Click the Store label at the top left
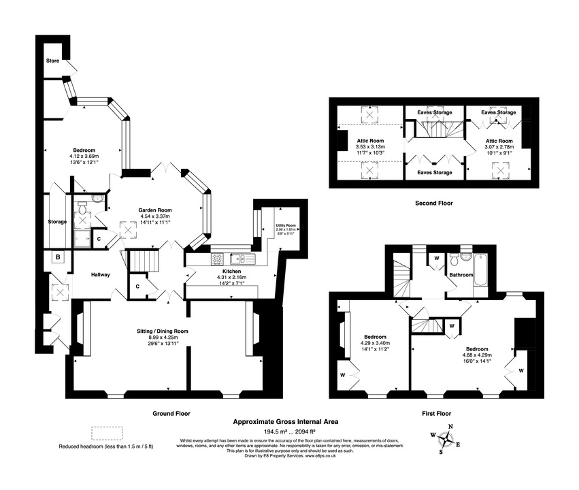pyautogui.click(x=52, y=61)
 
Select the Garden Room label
pyautogui.click(x=155, y=210)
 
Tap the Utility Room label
pyautogui.click(x=285, y=225)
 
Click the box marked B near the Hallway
pyautogui.click(x=59, y=257)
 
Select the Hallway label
pyautogui.click(x=101, y=275)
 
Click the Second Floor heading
pyautogui.click(x=433, y=203)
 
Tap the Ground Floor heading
pyautogui.click(x=171, y=413)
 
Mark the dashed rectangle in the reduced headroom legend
pyautogui.click(x=107, y=434)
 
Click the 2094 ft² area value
pyautogui.click(x=303, y=431)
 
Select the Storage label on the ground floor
pyautogui.click(x=57, y=222)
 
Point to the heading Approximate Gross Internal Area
pyautogui.click(x=286, y=421)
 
